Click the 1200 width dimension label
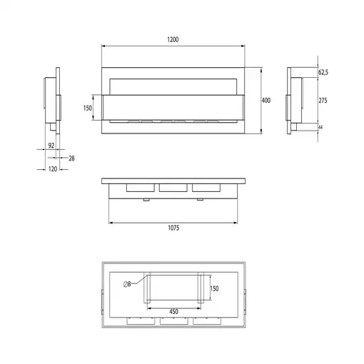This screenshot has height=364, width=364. (x=173, y=39)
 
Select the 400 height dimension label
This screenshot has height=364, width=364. (x=266, y=101)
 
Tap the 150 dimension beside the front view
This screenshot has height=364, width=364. (x=88, y=108)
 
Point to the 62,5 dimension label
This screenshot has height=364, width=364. (x=323, y=72)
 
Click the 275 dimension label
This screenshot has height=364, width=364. (x=323, y=101)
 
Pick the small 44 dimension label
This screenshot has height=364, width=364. (x=320, y=127)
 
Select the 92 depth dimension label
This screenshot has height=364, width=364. (x=51, y=146)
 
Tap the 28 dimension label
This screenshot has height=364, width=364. (x=71, y=158)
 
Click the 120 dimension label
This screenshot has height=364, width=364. (x=53, y=169)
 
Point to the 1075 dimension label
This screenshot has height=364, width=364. (x=173, y=228)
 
